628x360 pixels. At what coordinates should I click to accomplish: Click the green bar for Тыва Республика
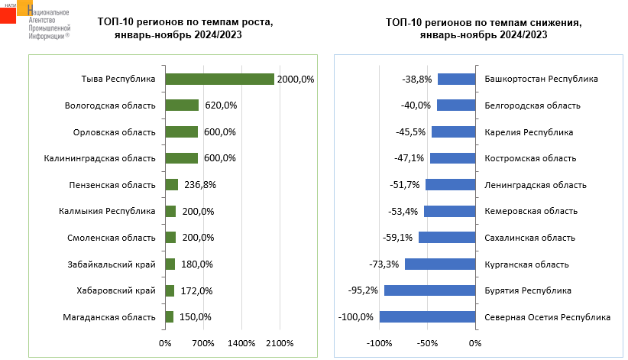tap(219, 79)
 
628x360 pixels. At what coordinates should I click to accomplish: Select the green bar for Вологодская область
tap(182, 105)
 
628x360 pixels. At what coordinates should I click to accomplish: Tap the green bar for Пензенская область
tap(171, 184)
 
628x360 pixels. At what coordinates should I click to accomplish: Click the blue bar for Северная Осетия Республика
tap(426, 317)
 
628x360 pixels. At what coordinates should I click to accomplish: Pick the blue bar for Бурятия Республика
tap(429, 290)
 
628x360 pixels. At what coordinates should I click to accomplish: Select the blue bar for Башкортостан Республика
tap(455, 79)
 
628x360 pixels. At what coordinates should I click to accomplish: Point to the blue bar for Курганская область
tap(439, 264)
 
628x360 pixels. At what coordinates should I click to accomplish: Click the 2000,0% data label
tap(296, 79)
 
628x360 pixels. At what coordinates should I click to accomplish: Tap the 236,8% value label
tap(196, 184)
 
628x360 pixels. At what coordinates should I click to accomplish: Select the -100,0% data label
tap(357, 317)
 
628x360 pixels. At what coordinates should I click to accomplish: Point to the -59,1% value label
tap(398, 238)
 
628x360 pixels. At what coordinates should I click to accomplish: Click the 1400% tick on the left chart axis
tap(241, 343)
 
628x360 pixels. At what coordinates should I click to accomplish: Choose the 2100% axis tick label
tap(280, 343)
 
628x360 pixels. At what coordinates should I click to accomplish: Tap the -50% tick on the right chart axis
tap(427, 343)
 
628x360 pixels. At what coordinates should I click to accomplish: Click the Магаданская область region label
tap(112, 317)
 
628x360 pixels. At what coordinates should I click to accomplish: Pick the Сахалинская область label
tap(529, 238)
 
